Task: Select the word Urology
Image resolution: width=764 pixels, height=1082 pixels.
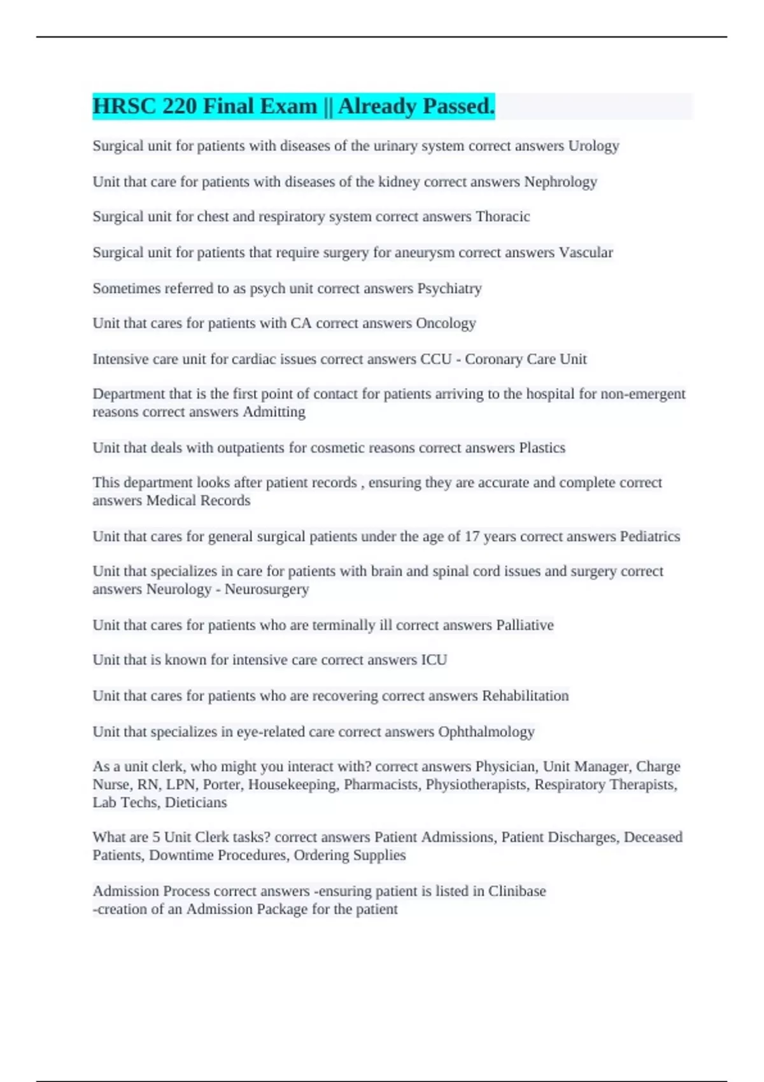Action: (x=593, y=146)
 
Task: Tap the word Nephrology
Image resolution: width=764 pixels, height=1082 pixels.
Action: (x=560, y=182)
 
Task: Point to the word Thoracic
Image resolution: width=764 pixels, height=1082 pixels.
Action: (x=502, y=216)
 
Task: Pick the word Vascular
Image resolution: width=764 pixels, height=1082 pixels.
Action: (x=586, y=253)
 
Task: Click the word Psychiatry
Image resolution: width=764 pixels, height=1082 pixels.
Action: (x=449, y=288)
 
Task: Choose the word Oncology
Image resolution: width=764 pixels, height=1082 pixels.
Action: (x=446, y=323)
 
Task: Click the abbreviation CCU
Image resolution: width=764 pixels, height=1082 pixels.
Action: (x=435, y=359)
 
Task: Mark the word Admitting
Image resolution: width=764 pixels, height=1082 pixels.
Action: (x=274, y=412)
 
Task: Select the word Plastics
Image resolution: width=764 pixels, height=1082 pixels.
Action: (x=542, y=448)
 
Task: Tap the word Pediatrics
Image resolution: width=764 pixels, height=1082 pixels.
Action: (x=649, y=537)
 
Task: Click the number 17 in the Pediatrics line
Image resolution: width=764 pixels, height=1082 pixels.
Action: (x=472, y=537)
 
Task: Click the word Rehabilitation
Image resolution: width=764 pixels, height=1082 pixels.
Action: (x=525, y=696)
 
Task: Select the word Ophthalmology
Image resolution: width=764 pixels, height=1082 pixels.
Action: (x=486, y=732)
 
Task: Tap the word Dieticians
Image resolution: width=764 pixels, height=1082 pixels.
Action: (x=195, y=803)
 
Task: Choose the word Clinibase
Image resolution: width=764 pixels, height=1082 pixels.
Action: (x=517, y=891)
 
